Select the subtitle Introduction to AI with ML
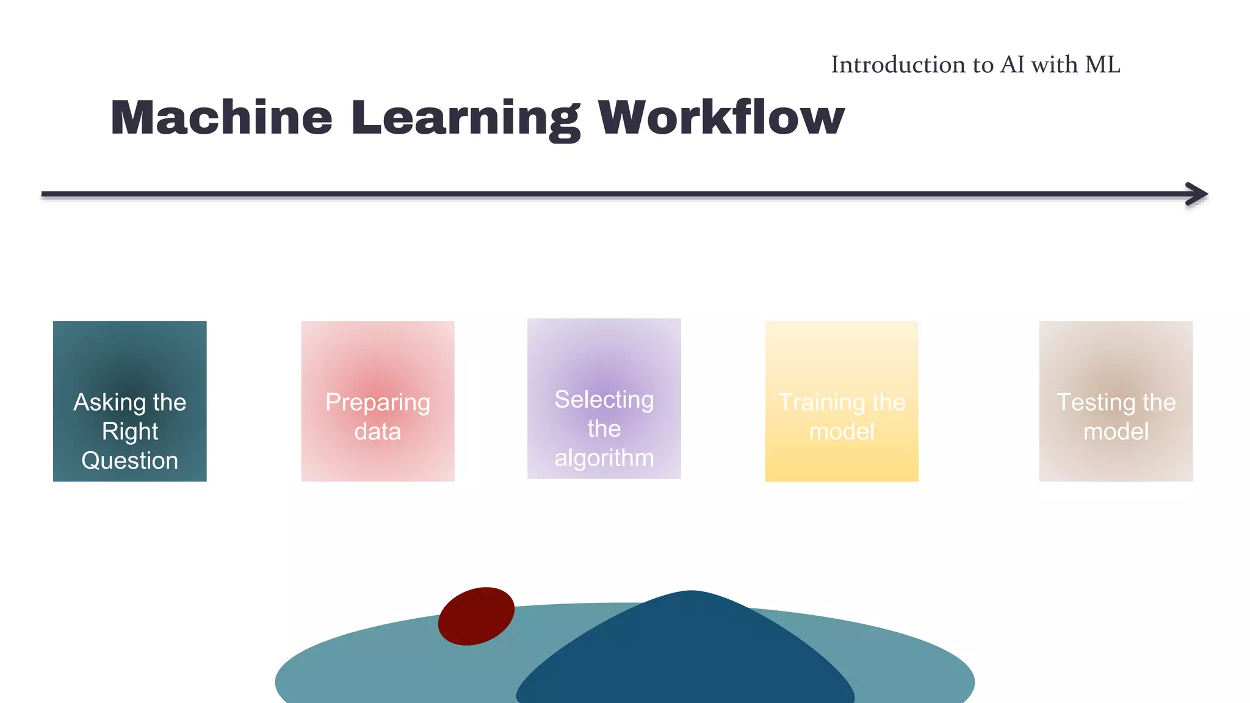[975, 65]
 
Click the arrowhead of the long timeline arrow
[1197, 194]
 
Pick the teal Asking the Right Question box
[129, 354]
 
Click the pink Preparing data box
[377, 354]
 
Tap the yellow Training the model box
[842, 354]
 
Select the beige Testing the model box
[1115, 354]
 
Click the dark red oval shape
[476, 616]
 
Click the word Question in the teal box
[129, 461]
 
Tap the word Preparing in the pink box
[377, 403]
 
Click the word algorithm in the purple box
[604, 458]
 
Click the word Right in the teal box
[129, 432]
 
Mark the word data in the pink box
[377, 432]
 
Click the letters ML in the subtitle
[1102, 65]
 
